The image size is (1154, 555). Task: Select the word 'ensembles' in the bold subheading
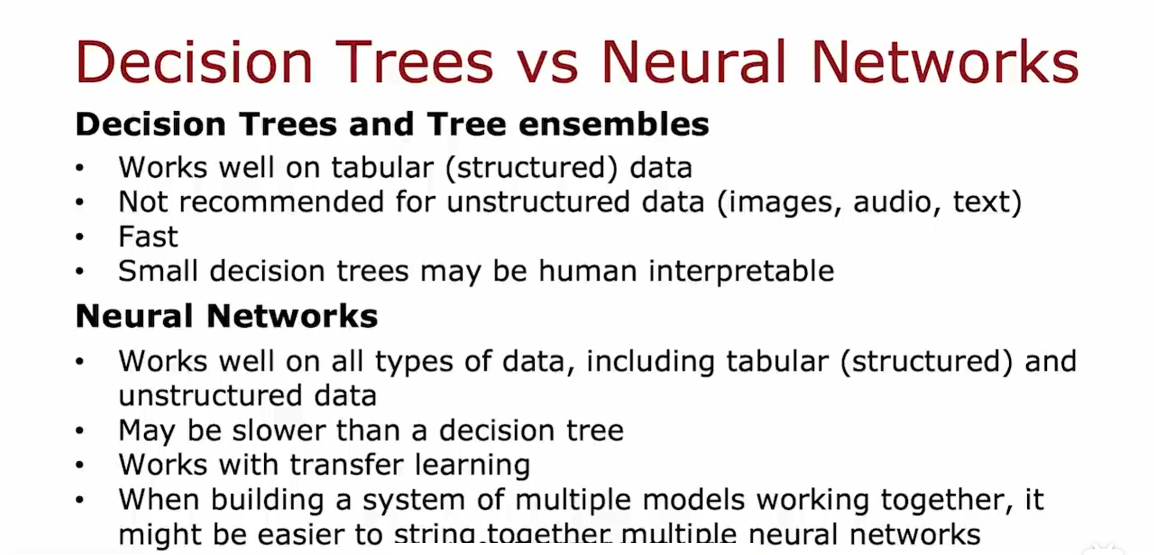click(x=614, y=124)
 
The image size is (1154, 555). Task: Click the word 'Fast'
click(x=148, y=237)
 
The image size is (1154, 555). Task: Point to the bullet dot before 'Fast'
click(x=79, y=237)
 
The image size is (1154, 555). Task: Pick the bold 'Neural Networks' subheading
click(x=227, y=316)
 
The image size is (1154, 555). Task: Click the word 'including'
click(x=651, y=362)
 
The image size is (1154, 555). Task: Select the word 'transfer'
click(x=346, y=464)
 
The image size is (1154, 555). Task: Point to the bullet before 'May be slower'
click(x=79, y=431)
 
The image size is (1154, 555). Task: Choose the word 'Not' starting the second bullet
click(x=143, y=201)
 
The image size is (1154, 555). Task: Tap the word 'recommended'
click(x=281, y=201)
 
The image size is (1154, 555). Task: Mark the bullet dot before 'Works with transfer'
click(x=79, y=465)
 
